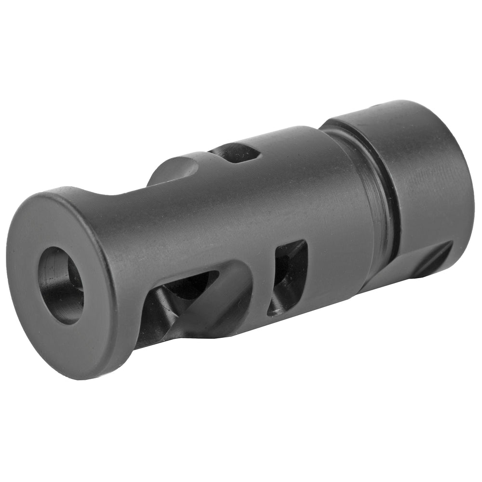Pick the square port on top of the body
tap(236, 153)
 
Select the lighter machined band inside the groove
tap(381, 202)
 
